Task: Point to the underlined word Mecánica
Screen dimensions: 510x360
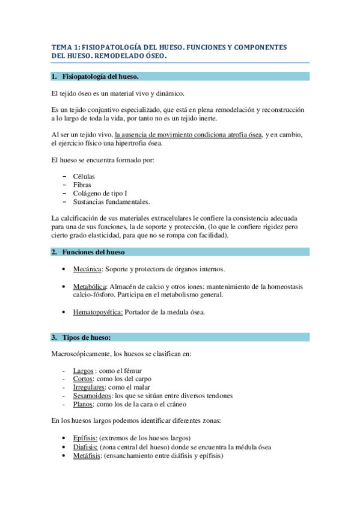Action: [x=87, y=269]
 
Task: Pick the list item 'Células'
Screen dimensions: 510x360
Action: [x=84, y=176]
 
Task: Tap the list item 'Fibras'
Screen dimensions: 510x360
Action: [x=82, y=185]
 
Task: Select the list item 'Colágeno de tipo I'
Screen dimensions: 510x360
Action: [x=100, y=194]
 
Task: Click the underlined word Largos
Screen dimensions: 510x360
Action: [x=83, y=370]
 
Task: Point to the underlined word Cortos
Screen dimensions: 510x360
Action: [x=83, y=379]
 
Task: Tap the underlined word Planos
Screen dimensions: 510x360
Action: [x=83, y=404]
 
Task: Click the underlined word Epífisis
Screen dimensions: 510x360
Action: [x=85, y=438]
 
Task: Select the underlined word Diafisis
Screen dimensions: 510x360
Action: [x=85, y=447]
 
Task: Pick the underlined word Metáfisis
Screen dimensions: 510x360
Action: [x=87, y=456]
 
